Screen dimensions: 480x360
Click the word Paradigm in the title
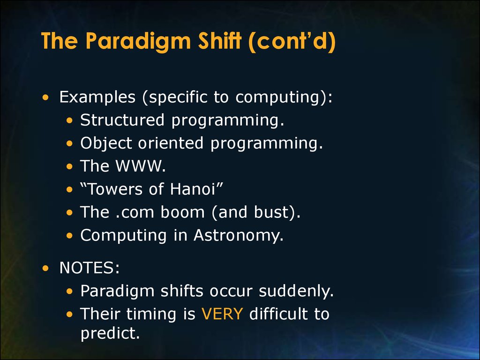click(138, 41)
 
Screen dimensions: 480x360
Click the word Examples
click(97, 97)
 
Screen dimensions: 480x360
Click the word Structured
click(122, 120)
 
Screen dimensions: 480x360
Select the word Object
click(106, 143)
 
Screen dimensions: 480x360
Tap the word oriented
click(171, 143)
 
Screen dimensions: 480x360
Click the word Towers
click(115, 189)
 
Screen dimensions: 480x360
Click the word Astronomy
click(239, 235)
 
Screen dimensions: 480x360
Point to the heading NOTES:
click(90, 268)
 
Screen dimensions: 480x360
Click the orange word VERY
click(222, 314)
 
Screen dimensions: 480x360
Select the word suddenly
click(296, 291)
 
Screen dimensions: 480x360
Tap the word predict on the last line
click(110, 333)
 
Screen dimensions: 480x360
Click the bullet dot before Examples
click(45, 97)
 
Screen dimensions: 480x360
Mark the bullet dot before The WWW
click(70, 166)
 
